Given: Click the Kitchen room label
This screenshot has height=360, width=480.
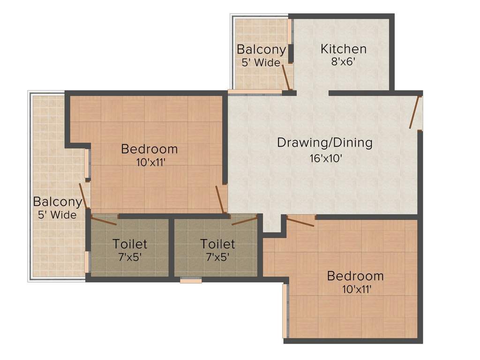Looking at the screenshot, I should (x=343, y=49).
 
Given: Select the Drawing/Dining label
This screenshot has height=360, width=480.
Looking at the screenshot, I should (x=324, y=142).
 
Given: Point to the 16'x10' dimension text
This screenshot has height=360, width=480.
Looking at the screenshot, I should (x=325, y=158).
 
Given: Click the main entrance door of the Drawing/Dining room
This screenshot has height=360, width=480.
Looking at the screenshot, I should (x=415, y=112).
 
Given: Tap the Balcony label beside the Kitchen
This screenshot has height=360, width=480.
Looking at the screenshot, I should (x=261, y=49).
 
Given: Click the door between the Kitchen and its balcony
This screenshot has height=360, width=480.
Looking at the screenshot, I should (x=286, y=78).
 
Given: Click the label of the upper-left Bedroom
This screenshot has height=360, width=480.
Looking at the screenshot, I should (x=149, y=149).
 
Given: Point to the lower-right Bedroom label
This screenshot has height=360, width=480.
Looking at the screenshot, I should (x=355, y=276).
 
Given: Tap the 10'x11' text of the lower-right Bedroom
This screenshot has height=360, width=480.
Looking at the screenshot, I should (x=357, y=289).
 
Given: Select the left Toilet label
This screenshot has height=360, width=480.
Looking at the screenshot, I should (x=130, y=244).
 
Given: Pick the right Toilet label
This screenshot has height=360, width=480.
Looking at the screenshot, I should (x=217, y=244).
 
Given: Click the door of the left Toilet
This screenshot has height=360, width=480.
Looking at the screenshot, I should (x=104, y=221).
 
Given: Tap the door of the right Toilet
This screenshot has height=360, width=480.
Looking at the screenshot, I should (x=244, y=220).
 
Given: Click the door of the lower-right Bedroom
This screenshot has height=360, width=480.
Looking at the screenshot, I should (x=300, y=221).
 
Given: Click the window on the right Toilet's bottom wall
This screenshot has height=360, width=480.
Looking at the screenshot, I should (x=191, y=280).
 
